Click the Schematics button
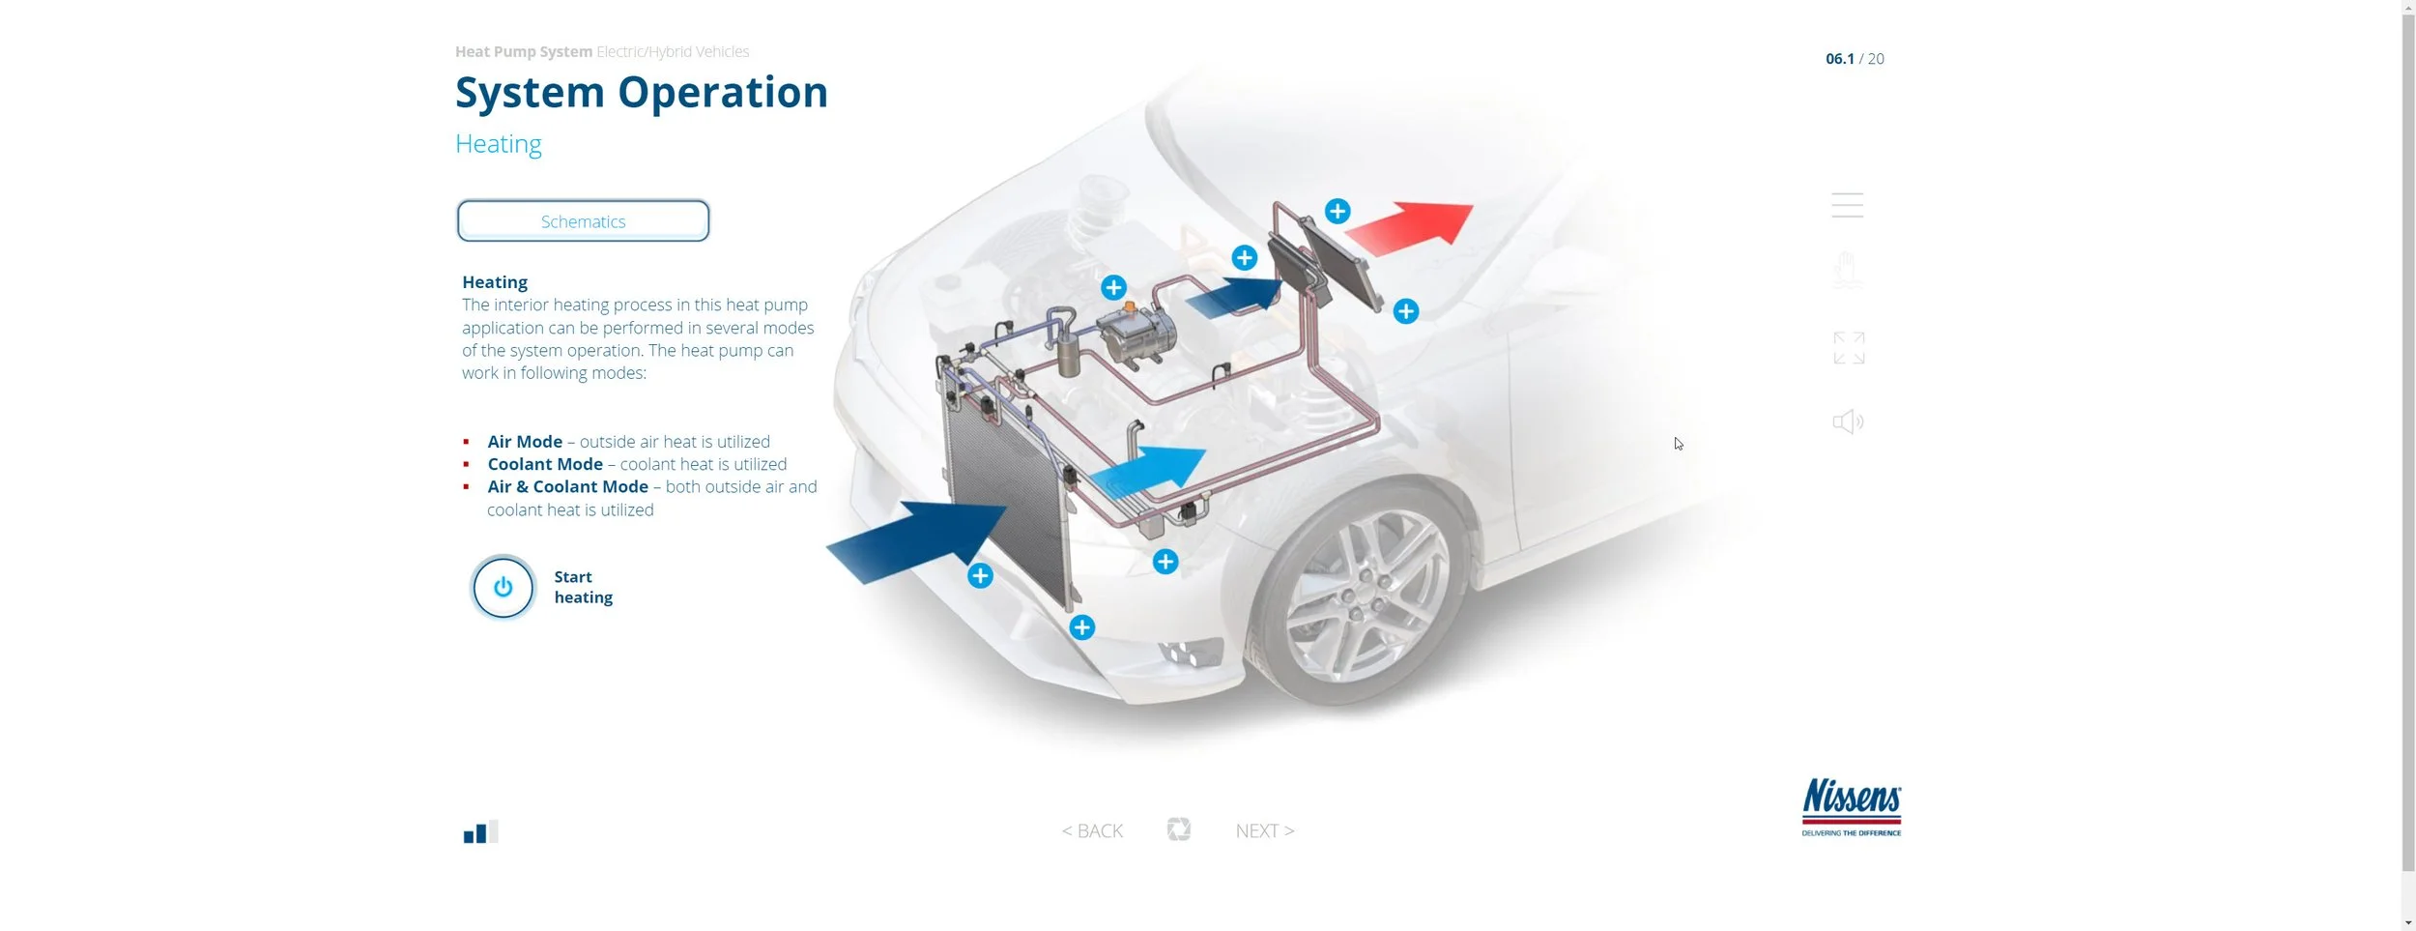click(x=583, y=221)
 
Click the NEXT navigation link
click(x=1264, y=830)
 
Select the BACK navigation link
click(x=1092, y=830)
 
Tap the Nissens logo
click(x=1851, y=806)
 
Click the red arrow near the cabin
click(x=1411, y=228)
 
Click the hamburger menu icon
click(x=1847, y=205)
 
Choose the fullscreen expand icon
click(x=1848, y=348)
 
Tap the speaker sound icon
click(x=1848, y=422)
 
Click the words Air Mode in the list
click(x=525, y=442)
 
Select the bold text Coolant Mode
click(x=545, y=464)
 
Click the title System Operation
click(x=641, y=93)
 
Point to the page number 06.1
click(x=1839, y=59)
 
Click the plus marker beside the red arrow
click(x=1337, y=211)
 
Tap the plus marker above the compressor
click(x=1113, y=287)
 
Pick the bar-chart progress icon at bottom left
click(x=480, y=832)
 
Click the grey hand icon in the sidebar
click(x=1847, y=270)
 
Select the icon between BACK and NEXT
click(x=1178, y=829)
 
